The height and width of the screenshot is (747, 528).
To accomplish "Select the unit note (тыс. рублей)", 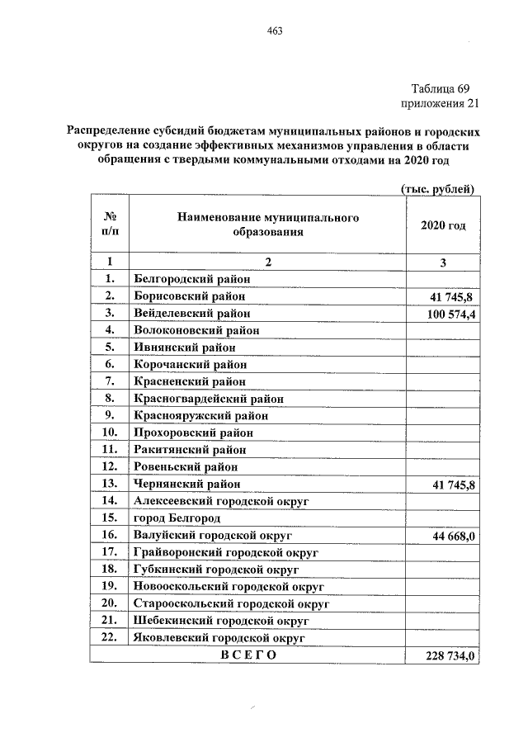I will tap(437, 189).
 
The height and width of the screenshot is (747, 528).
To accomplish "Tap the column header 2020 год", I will tap(443, 225).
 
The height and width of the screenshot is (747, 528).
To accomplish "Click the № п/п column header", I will tap(109, 224).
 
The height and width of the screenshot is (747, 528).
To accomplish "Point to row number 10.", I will tap(109, 433).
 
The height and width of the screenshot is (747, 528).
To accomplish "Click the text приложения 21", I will tap(440, 104).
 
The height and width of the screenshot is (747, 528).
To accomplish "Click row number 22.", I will tap(109, 637).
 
